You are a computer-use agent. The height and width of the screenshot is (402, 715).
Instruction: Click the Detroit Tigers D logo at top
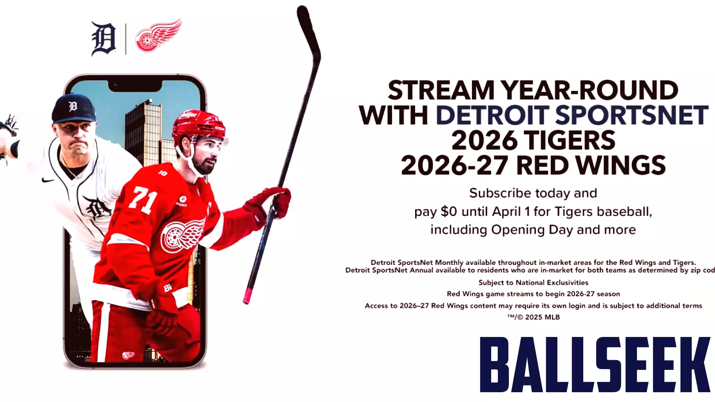coord(103,39)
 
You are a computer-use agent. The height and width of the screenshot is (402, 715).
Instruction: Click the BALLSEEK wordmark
coord(595,364)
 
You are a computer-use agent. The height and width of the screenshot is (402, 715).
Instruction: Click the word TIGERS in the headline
coord(569,141)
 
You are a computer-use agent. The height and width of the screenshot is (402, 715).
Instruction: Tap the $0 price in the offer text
coord(448,212)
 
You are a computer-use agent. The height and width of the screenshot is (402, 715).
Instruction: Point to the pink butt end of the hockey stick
coord(247,297)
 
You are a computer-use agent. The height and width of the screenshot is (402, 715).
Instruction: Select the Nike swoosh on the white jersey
coord(48,180)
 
